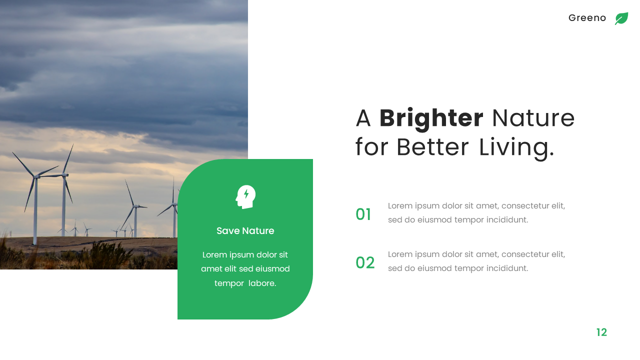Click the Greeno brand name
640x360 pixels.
point(587,18)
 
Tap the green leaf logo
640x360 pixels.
point(621,18)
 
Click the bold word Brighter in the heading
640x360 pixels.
point(431,118)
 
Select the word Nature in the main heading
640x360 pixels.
point(533,118)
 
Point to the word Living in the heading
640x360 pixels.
point(516,147)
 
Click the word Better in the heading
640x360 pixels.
point(433,147)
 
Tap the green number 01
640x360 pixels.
point(363,214)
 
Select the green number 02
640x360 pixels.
point(365,263)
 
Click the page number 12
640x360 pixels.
point(601,332)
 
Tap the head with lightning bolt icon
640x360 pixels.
point(245,196)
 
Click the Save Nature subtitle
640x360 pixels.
point(245,231)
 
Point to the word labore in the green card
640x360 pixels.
point(262,283)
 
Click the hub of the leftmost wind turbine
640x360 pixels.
point(36,176)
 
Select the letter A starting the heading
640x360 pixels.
point(363,118)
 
